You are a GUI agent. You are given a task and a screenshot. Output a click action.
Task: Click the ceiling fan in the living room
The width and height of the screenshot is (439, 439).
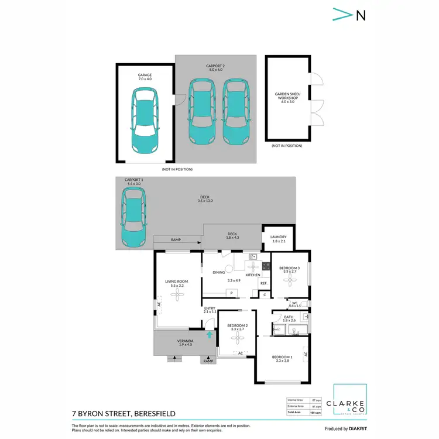point(176,296)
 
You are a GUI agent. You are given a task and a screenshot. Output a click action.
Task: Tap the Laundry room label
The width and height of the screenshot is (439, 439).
point(279,239)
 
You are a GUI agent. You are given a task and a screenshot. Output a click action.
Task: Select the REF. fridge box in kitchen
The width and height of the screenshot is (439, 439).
point(263,283)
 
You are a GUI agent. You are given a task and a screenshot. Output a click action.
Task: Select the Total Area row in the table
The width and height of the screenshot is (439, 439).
point(303,413)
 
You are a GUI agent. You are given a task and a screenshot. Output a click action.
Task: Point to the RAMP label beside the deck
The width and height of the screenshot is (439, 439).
point(176,240)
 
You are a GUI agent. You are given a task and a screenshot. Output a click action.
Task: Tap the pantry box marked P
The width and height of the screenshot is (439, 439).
point(231,292)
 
